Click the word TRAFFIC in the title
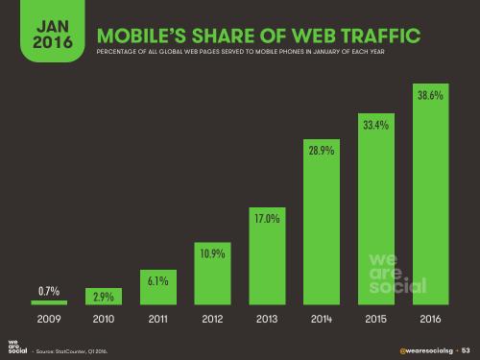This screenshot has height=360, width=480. [x=376, y=37]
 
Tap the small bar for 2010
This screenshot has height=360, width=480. [x=105, y=298]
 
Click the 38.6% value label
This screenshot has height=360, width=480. [x=428, y=96]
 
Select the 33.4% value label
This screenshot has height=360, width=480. [x=374, y=125]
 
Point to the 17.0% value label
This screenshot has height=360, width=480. [x=266, y=219]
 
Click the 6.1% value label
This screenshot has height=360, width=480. [x=158, y=281]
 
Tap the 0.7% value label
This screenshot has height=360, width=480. [x=51, y=290]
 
